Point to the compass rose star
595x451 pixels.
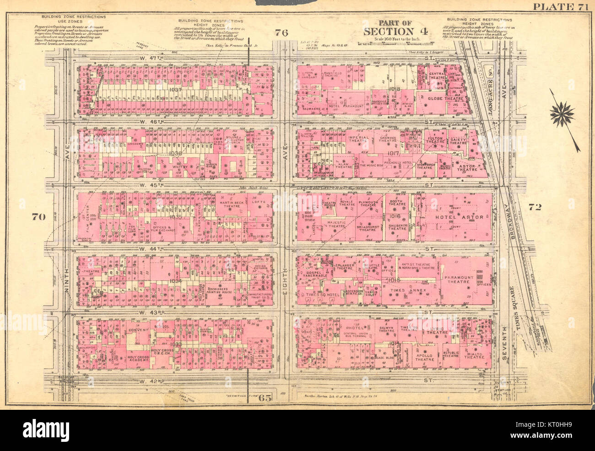(x=562, y=114)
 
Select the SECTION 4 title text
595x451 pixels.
(x=395, y=31)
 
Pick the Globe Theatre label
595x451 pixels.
(x=446, y=98)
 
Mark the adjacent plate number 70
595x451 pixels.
(x=38, y=217)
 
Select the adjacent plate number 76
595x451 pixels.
(x=281, y=32)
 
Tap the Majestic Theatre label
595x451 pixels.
(x=336, y=225)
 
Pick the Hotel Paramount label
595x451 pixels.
(x=346, y=106)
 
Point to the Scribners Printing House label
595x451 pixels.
(x=221, y=291)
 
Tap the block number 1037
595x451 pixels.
(x=175, y=90)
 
